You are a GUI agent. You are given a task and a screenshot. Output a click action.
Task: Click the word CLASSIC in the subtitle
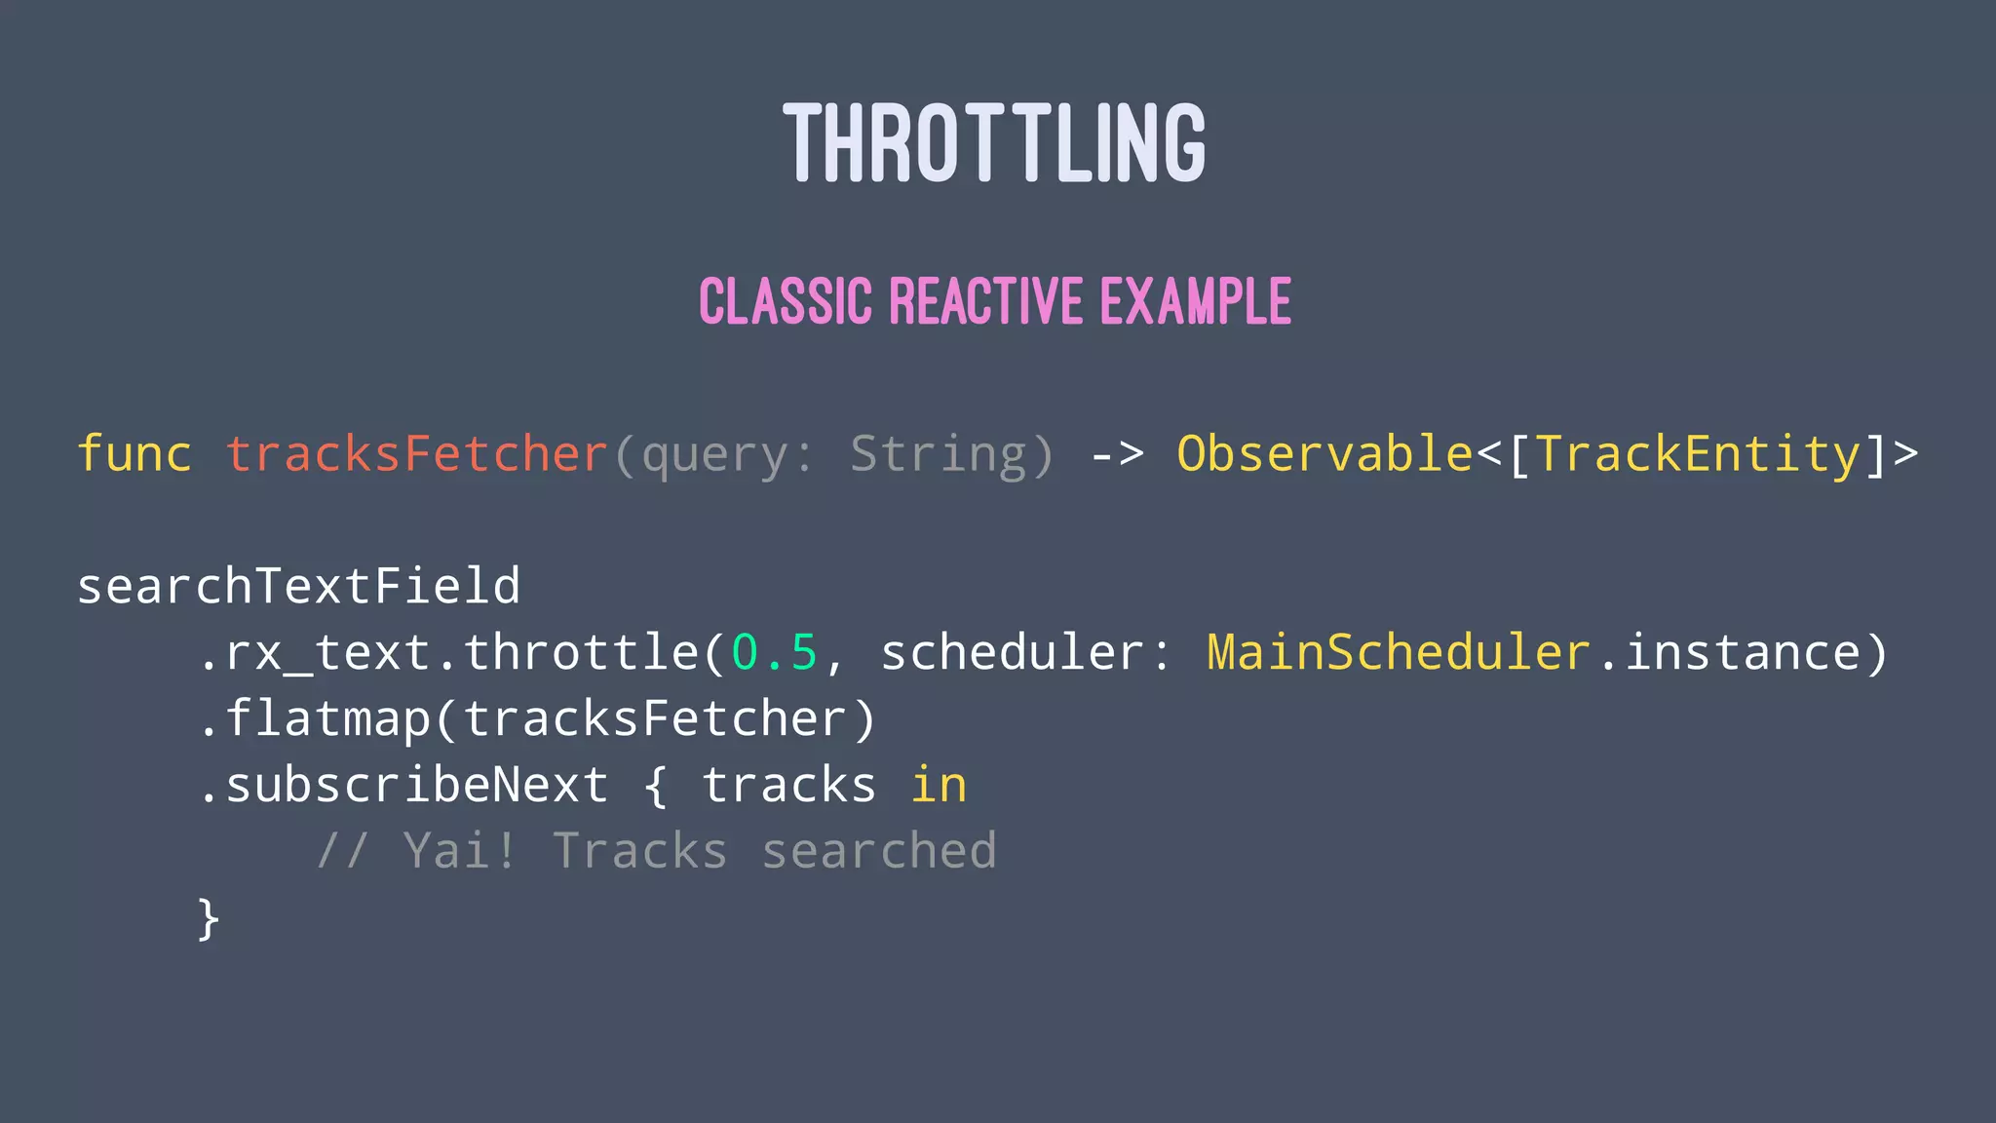tap(785, 301)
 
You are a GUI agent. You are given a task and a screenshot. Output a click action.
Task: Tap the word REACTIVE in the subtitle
tap(985, 301)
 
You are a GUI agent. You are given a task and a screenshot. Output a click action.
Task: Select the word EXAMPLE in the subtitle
tap(1196, 301)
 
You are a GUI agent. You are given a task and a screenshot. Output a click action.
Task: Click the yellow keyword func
tap(134, 454)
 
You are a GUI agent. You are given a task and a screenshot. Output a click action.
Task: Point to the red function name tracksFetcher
tap(417, 454)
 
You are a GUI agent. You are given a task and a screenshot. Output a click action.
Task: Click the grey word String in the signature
tap(938, 454)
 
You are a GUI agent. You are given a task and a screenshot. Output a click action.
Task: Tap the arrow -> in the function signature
tap(1116, 454)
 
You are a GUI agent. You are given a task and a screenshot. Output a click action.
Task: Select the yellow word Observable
tap(1324, 454)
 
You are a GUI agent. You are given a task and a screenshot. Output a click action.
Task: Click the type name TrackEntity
tap(1698, 454)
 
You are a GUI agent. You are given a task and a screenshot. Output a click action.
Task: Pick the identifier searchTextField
tap(298, 587)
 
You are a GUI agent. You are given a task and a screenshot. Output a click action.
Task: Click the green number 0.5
tap(774, 653)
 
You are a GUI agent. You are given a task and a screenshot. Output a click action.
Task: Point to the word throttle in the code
tap(581, 653)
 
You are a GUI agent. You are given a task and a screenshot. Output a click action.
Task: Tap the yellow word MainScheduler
tap(1398, 653)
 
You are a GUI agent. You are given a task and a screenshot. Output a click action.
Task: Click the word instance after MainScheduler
tap(1742, 653)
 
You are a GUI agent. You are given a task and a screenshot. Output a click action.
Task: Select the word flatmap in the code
tap(328, 719)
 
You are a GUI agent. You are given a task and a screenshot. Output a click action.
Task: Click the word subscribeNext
tap(417, 786)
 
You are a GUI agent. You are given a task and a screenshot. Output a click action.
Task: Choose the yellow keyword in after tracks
tap(939, 786)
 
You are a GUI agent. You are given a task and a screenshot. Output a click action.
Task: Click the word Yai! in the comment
tap(459, 852)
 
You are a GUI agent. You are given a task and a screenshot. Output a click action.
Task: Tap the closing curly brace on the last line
tap(208, 919)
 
